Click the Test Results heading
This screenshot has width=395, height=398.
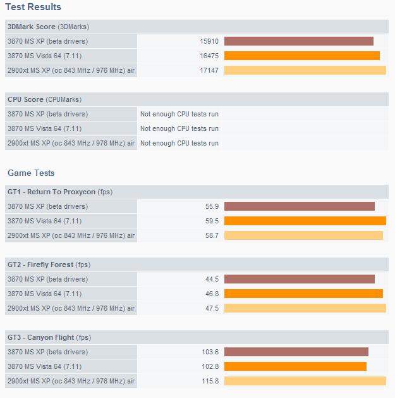point(33,7)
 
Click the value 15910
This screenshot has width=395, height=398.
point(209,41)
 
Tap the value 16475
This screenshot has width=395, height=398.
point(209,56)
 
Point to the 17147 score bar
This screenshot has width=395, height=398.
point(305,70)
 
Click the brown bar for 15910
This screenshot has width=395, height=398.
point(298,41)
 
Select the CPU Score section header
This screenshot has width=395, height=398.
point(44,99)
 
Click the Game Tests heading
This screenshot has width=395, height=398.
point(31,173)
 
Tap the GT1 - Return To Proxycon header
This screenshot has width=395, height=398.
point(60,192)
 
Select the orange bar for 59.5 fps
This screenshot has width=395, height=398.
point(305,221)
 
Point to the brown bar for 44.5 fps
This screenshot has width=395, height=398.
point(299,279)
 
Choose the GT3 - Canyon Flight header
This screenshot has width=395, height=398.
point(49,337)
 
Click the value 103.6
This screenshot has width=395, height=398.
point(209,352)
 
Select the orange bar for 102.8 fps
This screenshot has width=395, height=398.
point(295,366)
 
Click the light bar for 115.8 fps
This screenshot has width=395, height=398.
point(305,381)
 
